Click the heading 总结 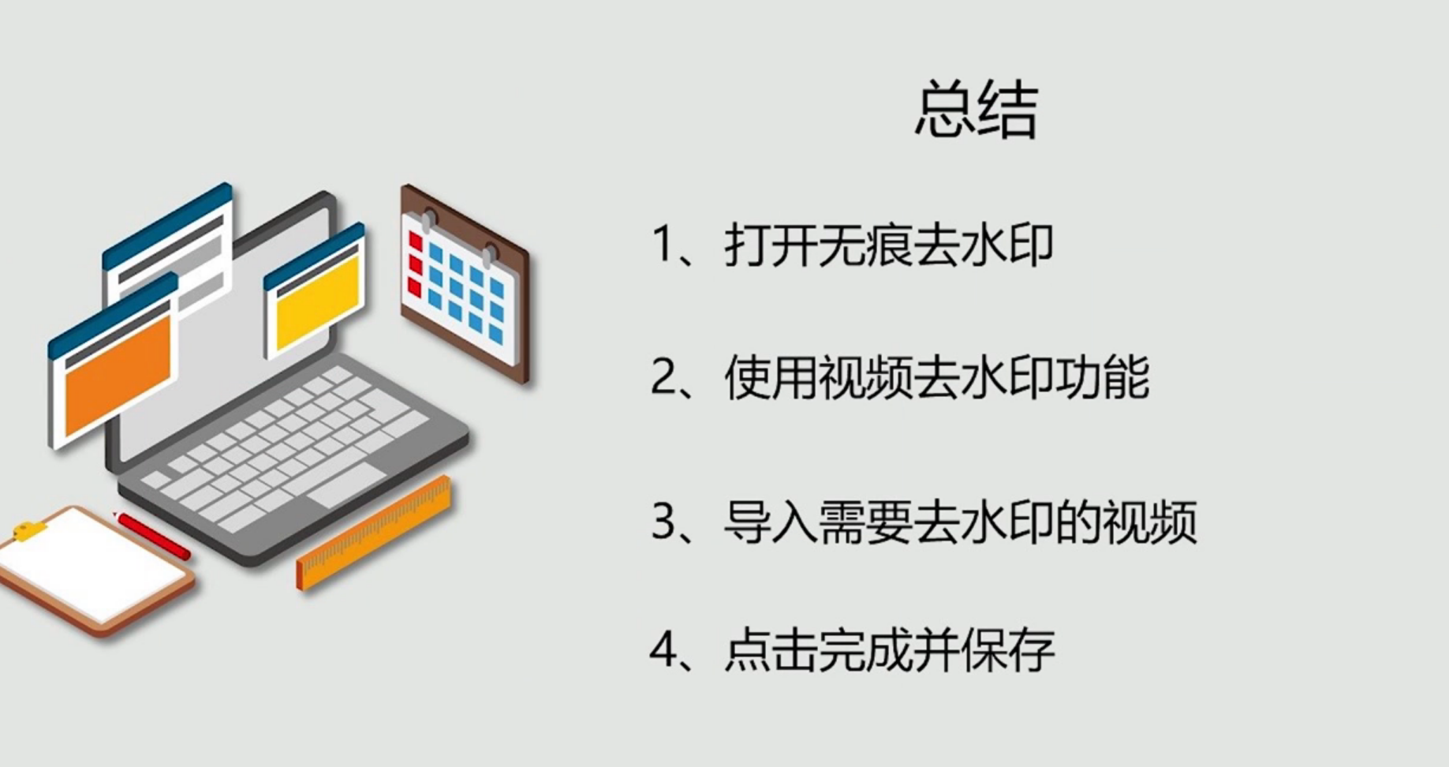[x=976, y=110]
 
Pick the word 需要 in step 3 [x=865, y=522]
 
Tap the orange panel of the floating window [x=117, y=372]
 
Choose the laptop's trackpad [x=347, y=484]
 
